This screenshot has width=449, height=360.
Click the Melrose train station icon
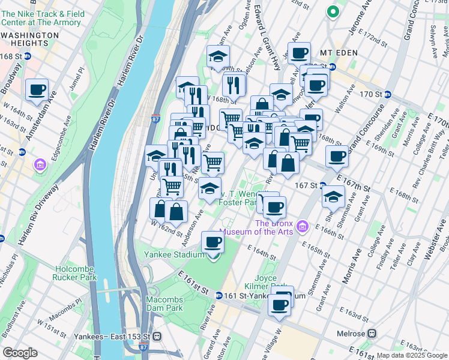coord(372,333)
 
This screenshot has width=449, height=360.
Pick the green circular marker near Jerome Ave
coord(332,11)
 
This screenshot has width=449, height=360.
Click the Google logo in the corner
coord(20,353)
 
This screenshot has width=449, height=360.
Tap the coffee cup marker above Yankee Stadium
coord(212,242)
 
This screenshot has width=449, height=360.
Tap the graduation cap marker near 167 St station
coord(333,196)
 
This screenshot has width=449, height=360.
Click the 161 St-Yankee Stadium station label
coord(256,296)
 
